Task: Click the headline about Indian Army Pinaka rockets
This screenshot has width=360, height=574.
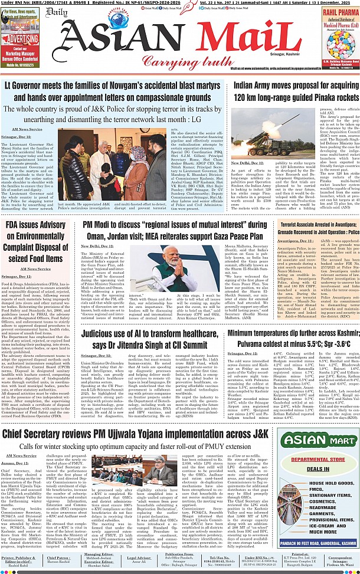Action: point(292,90)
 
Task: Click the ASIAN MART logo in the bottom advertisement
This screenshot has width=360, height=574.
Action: point(317,439)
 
